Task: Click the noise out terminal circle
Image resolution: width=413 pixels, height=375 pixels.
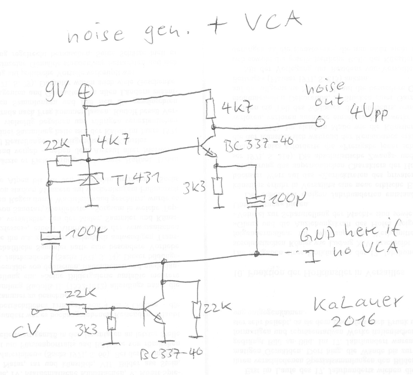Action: coord(320,122)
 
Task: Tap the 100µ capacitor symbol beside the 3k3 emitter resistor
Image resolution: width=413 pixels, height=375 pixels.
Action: coord(256,202)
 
